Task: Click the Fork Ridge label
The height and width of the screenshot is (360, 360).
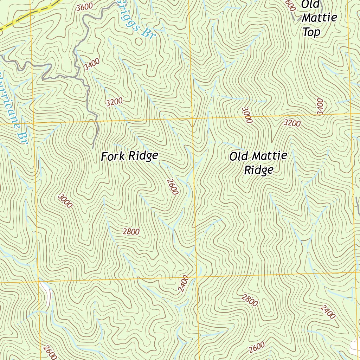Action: tap(129, 156)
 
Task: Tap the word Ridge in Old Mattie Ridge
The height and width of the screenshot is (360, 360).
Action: tap(258, 170)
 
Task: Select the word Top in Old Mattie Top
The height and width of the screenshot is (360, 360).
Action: tap(311, 32)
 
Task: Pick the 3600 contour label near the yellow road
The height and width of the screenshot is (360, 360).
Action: tap(84, 6)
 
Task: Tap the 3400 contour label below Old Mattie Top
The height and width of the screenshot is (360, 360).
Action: tap(320, 106)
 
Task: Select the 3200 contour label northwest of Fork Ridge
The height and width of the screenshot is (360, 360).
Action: tap(114, 102)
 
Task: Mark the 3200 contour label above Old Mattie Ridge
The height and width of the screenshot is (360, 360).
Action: tap(292, 123)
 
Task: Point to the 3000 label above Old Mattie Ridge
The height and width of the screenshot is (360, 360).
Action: tap(247, 115)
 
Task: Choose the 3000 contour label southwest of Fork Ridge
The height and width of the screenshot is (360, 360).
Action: tap(65, 201)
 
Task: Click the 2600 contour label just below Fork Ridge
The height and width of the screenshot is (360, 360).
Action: tap(173, 186)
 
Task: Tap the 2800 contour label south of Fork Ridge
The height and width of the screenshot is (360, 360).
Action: tap(131, 231)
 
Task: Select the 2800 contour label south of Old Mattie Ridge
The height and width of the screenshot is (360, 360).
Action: tap(250, 301)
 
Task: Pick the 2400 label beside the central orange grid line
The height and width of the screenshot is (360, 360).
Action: tap(183, 284)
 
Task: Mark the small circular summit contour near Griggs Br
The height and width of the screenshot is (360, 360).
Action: tap(139, 41)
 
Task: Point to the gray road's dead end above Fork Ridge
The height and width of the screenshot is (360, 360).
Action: tap(94, 147)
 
